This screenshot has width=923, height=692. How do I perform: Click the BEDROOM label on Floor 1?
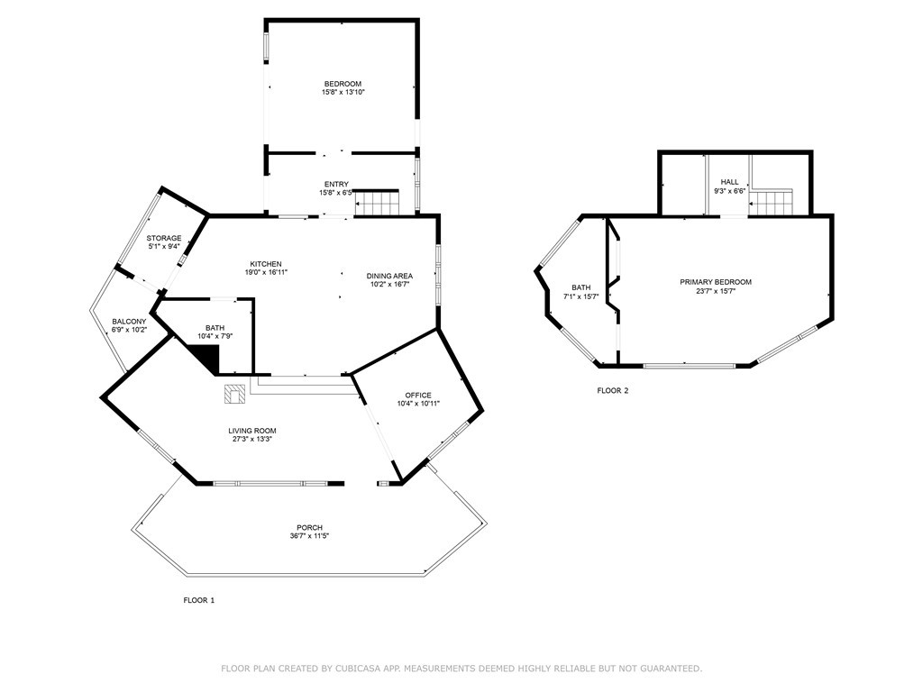(x=343, y=84)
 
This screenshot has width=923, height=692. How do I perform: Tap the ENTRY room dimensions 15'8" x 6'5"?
(x=336, y=193)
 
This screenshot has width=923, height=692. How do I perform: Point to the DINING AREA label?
(x=389, y=276)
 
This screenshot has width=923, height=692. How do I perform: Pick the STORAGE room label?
(x=164, y=238)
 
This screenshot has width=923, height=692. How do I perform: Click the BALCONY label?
(x=129, y=322)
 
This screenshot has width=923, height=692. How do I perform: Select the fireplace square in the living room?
(x=233, y=394)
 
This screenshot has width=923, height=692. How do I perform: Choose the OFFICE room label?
(x=418, y=395)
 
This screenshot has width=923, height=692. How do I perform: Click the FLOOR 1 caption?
(x=199, y=600)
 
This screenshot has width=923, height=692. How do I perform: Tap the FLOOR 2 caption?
(x=613, y=391)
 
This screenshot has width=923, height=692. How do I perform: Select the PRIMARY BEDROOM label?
(x=715, y=282)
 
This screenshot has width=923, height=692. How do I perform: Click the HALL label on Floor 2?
(x=729, y=182)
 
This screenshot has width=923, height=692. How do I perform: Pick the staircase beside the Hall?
(x=772, y=203)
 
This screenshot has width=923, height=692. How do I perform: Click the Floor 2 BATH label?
(x=580, y=287)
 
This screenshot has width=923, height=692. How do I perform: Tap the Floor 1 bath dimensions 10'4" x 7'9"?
(x=215, y=337)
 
